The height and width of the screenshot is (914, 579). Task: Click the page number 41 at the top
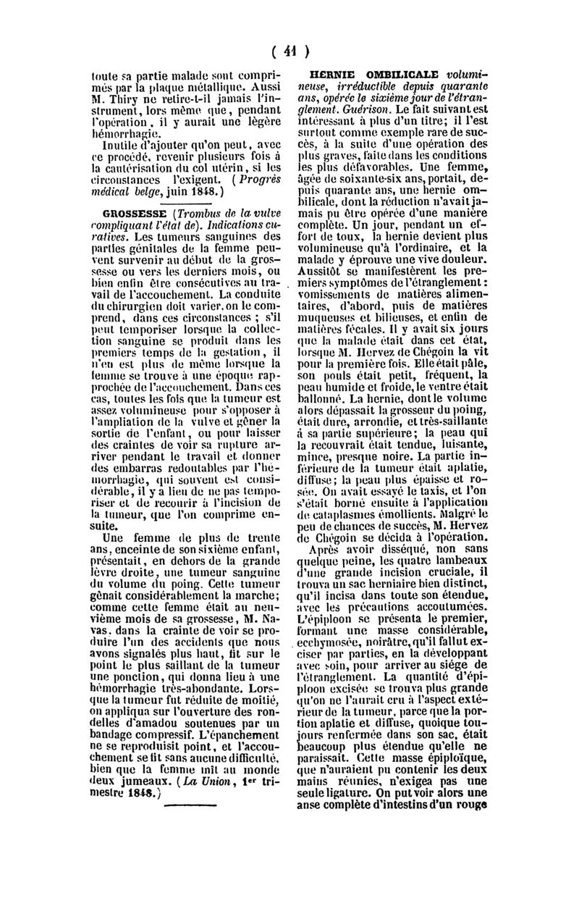tap(290, 51)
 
